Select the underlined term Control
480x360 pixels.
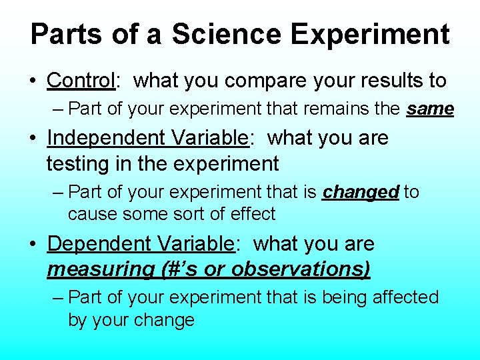pos(81,81)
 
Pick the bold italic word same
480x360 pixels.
pos(430,108)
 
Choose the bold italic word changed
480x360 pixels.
pos(360,193)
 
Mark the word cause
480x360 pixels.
pos(91,215)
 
